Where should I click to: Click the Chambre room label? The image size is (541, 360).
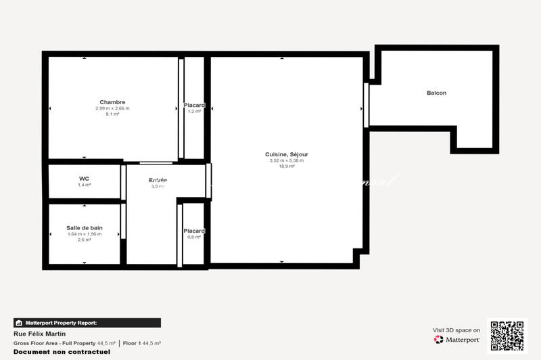[x=112, y=102]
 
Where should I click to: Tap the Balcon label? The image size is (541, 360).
[x=436, y=93]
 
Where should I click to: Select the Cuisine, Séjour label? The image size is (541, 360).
[x=287, y=155]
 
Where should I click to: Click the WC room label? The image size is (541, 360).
[x=85, y=179]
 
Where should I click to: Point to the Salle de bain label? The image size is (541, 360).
[x=85, y=228]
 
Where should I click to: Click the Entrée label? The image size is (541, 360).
[x=158, y=180]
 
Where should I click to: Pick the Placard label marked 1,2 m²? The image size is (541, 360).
[x=194, y=105]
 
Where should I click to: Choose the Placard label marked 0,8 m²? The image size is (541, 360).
[x=194, y=231]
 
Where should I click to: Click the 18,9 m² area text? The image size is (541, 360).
[x=287, y=166]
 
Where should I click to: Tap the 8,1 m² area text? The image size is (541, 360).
[x=112, y=114]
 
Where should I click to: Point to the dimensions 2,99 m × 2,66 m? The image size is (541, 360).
[x=112, y=108]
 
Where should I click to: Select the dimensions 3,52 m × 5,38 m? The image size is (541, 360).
[x=287, y=160]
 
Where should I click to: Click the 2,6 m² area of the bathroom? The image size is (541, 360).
[x=85, y=240]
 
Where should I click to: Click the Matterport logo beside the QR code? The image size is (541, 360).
[x=457, y=339]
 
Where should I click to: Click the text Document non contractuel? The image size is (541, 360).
[x=52, y=352]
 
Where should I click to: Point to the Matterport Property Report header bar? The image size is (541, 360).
[x=87, y=323]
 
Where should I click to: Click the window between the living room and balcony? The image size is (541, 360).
[x=366, y=105]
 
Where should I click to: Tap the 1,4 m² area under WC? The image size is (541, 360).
[x=85, y=185]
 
